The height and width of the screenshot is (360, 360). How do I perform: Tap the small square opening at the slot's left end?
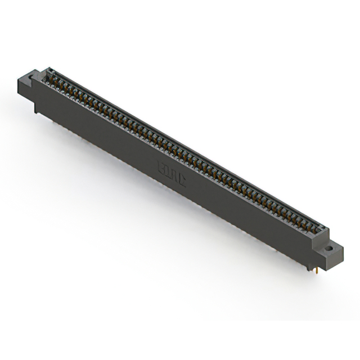click(50, 71)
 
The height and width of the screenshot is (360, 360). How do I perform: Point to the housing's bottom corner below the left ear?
click(37, 110)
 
